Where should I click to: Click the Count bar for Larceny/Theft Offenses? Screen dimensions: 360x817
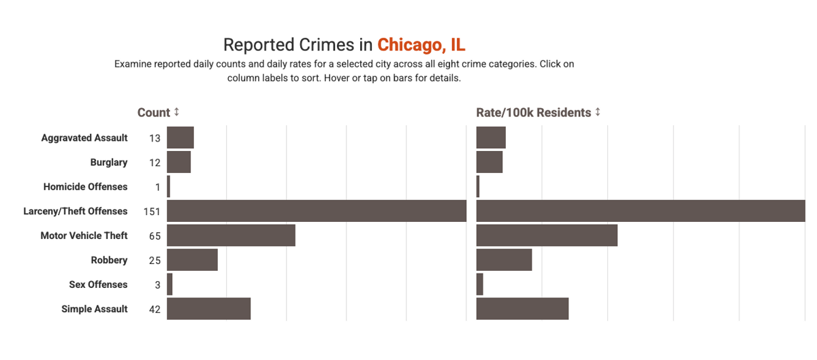[317, 211]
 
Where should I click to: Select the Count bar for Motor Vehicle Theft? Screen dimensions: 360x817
[231, 235]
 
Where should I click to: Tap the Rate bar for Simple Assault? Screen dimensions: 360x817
[522, 309]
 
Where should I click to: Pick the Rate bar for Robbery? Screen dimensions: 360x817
[504, 260]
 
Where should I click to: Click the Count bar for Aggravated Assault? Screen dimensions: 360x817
[180, 137]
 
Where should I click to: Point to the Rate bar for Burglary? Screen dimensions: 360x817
[489, 162]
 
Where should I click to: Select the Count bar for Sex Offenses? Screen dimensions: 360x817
[170, 284]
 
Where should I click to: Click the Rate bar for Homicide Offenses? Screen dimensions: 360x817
[478, 186]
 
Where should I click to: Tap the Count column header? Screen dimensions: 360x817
[154, 113]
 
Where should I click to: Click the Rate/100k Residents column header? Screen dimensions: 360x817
[533, 113]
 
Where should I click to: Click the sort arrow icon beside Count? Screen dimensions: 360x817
[176, 112]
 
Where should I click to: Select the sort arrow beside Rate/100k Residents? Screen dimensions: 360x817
[598, 112]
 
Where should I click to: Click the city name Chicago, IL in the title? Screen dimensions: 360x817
[421, 45]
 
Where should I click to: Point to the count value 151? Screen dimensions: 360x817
[152, 212]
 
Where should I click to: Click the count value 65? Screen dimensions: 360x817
[155, 236]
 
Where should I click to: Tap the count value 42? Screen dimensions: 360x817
[155, 310]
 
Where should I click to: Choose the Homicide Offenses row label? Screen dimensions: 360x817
[85, 186]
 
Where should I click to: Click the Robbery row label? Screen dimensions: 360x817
[109, 260]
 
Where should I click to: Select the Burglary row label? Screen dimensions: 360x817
[108, 162]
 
